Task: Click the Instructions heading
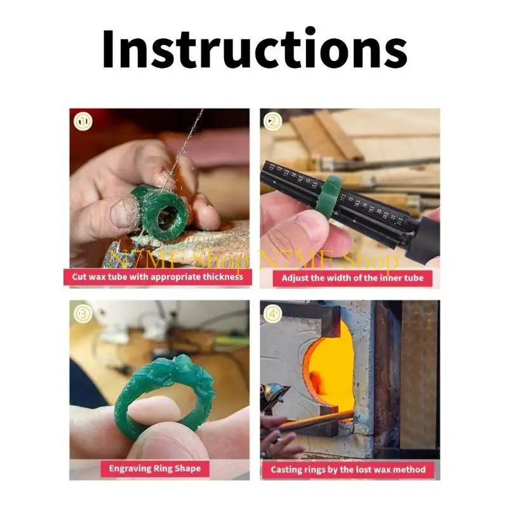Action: (x=254, y=50)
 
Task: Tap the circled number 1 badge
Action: (x=83, y=121)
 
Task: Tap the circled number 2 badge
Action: (x=274, y=121)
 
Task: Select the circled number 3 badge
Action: (x=83, y=312)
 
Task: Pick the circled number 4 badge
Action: (x=274, y=312)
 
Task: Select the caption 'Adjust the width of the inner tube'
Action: (x=352, y=277)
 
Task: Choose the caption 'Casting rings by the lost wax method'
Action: (x=349, y=470)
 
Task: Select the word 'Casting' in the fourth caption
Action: (x=288, y=470)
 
